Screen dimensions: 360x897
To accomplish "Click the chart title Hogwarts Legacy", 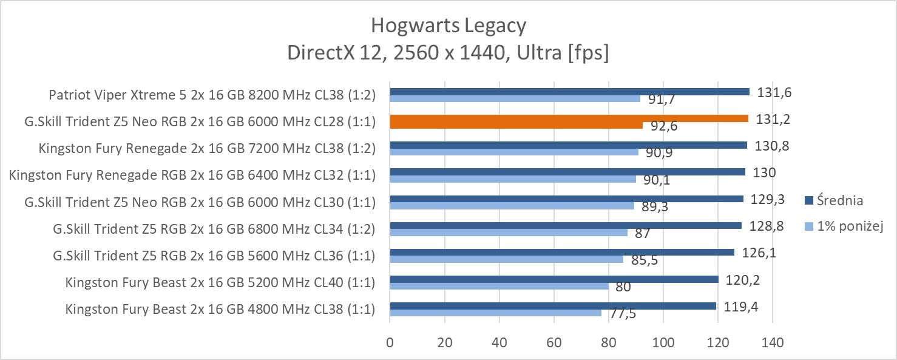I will pyautogui.click(x=448, y=26).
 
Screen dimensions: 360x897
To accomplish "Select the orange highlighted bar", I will pyautogui.click(x=569, y=118).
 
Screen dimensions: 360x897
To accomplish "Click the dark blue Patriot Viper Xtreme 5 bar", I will pyautogui.click(x=569, y=92).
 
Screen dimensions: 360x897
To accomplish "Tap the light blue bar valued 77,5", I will pyautogui.click(x=495, y=313).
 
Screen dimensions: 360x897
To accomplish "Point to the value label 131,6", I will pyautogui.click(x=774, y=93).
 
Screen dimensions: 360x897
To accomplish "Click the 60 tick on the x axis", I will pyautogui.click(x=554, y=342).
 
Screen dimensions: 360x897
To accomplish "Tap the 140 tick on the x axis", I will pyautogui.click(x=773, y=342).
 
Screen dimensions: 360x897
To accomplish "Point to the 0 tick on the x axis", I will pyautogui.click(x=390, y=342).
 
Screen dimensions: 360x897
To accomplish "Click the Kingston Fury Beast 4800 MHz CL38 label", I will pyautogui.click(x=220, y=309).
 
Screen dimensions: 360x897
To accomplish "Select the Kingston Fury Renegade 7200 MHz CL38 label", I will pyautogui.click(x=207, y=149).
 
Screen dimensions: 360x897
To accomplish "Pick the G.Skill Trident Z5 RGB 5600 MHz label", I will pyautogui.click(x=214, y=256).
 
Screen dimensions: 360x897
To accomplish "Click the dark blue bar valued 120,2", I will pyautogui.click(x=554, y=279).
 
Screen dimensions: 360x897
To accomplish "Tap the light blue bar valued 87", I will pyautogui.click(x=509, y=233).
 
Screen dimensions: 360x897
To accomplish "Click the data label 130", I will pyautogui.click(x=764, y=173).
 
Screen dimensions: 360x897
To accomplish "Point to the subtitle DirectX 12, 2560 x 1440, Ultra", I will pyautogui.click(x=448, y=53).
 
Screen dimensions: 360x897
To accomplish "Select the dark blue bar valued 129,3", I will pyautogui.click(x=566, y=199).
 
